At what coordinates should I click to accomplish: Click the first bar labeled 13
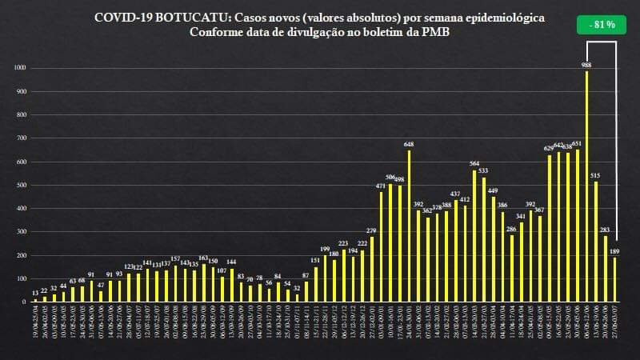point(35,300)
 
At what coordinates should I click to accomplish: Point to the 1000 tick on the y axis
point(21,68)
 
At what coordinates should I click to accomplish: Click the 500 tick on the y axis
point(22,185)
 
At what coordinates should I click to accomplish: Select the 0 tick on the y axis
point(25,302)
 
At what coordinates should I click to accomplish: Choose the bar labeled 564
point(474,236)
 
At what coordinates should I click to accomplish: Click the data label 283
point(606,230)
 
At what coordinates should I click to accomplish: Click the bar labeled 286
point(512,269)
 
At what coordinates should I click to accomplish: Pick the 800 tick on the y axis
point(22,114)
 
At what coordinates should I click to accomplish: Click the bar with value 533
point(484,239)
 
